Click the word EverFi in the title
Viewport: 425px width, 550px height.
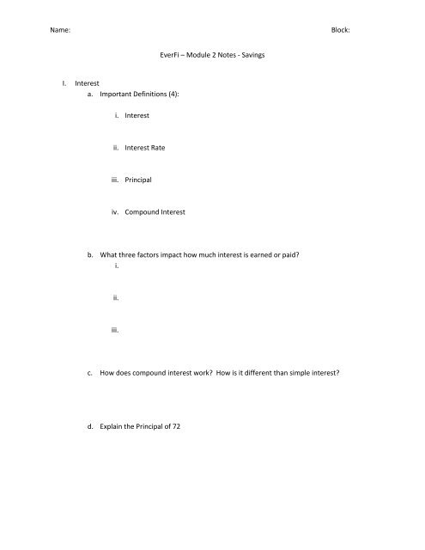pyautogui.click(x=161, y=55)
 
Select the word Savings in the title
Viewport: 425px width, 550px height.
pyautogui.click(x=251, y=55)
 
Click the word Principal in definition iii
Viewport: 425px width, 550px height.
pyautogui.click(x=140, y=180)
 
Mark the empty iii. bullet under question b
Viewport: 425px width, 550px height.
pyautogui.click(x=114, y=330)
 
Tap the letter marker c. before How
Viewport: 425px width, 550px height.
pyautogui.click(x=90, y=374)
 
